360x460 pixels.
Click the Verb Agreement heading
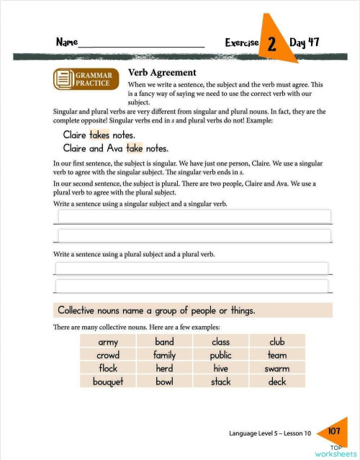point(161,73)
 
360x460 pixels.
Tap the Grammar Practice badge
point(85,79)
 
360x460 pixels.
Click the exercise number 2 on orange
point(272,44)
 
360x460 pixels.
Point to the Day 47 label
point(303,42)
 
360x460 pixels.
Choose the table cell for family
point(164,355)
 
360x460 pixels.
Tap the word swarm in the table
point(277,369)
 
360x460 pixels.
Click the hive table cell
point(220,369)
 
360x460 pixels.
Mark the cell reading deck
point(277,382)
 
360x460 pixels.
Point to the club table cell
point(277,342)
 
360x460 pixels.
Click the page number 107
point(333,431)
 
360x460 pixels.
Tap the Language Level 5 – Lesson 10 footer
point(270,433)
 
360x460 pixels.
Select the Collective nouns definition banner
point(193,311)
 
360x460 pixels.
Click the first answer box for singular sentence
point(193,217)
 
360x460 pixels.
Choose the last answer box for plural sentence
point(193,287)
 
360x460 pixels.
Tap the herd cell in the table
point(164,369)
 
